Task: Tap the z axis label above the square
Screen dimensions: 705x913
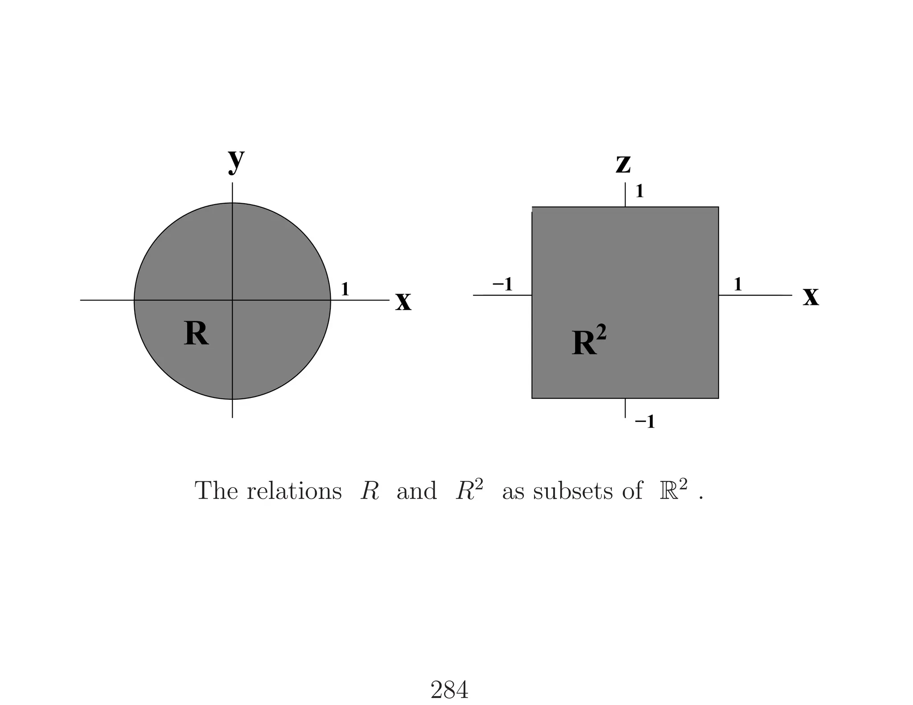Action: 623,164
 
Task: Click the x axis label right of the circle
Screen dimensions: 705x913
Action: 403,302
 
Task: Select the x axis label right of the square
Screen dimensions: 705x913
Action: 810,296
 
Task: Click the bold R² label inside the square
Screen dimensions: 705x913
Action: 588,341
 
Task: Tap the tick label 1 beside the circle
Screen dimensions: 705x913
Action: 345,290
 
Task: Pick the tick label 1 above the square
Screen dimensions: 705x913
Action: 639,192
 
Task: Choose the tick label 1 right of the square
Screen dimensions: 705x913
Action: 738,284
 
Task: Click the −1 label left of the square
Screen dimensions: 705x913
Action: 502,284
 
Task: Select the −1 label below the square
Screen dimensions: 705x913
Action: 645,422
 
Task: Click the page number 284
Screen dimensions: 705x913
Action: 449,690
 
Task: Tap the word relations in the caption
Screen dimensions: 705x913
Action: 294,491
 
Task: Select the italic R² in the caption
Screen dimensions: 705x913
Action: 469,490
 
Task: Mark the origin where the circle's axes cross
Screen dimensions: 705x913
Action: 232,300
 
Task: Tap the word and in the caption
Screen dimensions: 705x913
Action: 416,491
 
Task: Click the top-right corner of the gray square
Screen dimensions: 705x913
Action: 718,207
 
